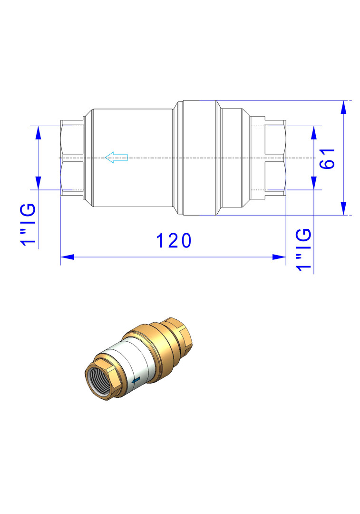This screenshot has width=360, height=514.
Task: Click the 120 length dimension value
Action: (x=174, y=241)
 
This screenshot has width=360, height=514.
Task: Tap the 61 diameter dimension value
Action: (x=328, y=158)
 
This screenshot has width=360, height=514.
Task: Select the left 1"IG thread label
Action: (x=28, y=224)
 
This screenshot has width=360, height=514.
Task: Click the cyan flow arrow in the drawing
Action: (x=117, y=158)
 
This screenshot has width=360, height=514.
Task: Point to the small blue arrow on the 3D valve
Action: (x=136, y=380)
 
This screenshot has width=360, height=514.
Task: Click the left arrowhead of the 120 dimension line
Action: (x=68, y=257)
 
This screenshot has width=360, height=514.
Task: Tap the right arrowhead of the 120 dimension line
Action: (x=279, y=257)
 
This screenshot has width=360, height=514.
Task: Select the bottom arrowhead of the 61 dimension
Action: (x=343, y=208)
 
